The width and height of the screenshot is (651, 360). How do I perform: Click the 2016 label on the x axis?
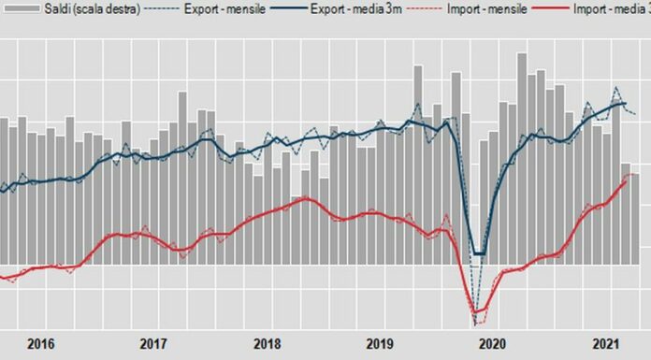[40, 343]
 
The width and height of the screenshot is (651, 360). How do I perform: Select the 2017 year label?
[153, 343]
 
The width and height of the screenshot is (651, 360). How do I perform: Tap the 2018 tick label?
[267, 343]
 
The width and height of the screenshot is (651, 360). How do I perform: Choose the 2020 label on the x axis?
[493, 343]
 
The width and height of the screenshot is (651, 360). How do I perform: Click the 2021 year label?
[606, 343]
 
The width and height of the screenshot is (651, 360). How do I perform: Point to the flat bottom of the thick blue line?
[479, 253]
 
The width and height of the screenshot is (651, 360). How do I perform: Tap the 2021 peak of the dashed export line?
[616, 88]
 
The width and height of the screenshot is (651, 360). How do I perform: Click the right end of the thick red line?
[626, 181]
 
